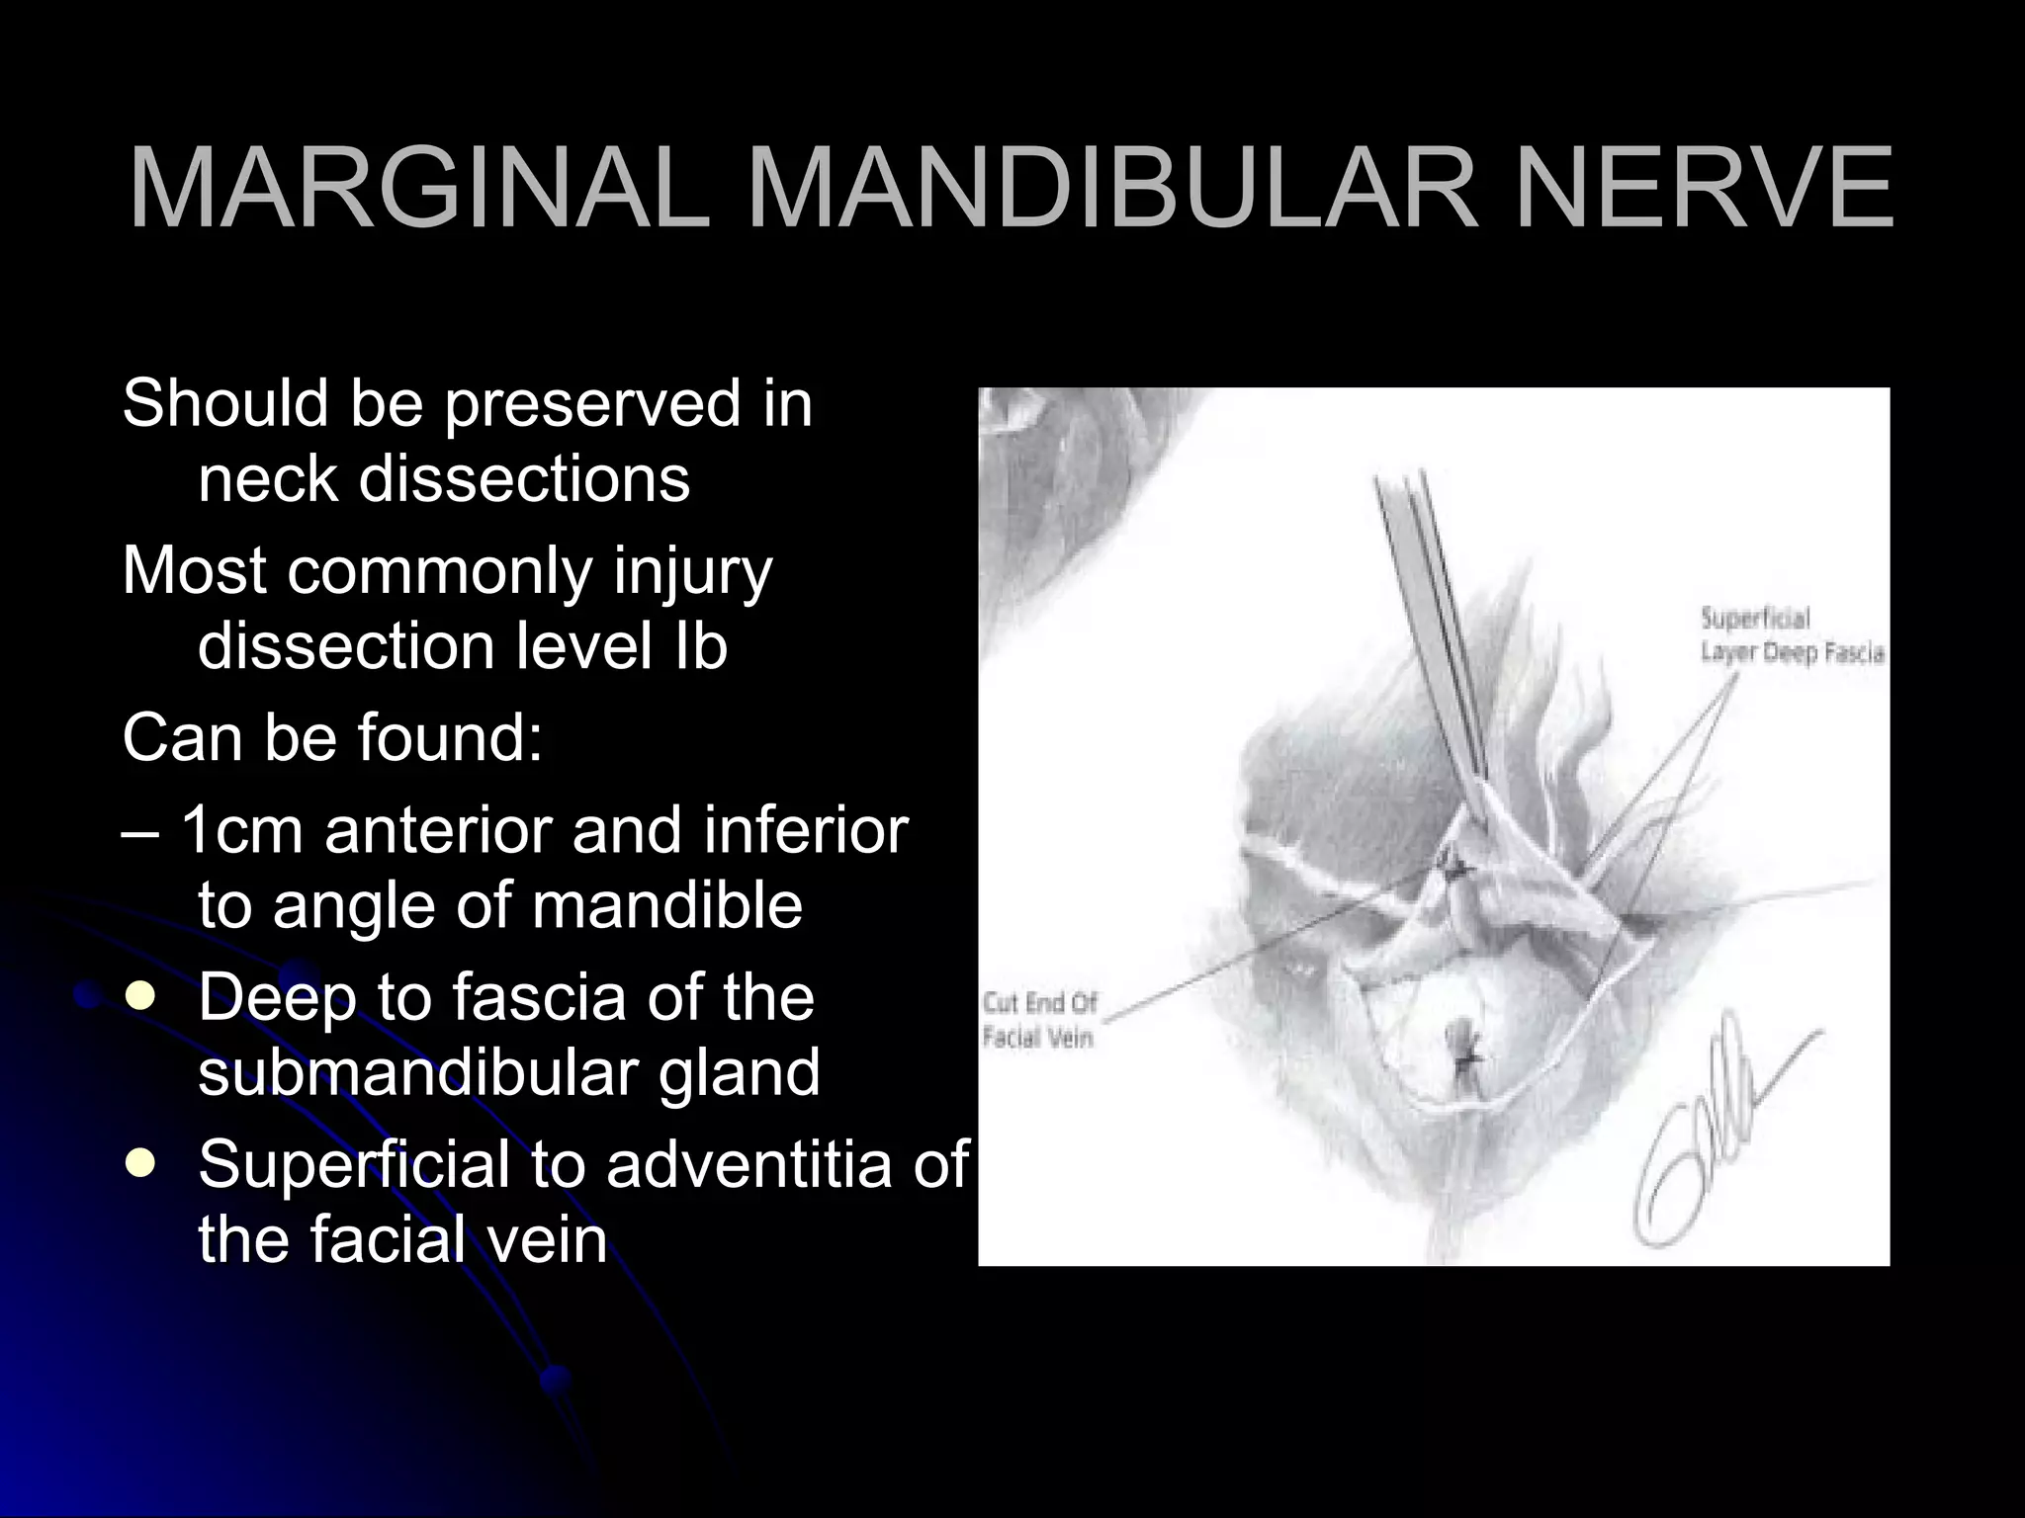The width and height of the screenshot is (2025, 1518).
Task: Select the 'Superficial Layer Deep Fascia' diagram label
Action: pyautogui.click(x=1791, y=635)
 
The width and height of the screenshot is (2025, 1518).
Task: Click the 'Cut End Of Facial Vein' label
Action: pyautogui.click(x=1039, y=1021)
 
